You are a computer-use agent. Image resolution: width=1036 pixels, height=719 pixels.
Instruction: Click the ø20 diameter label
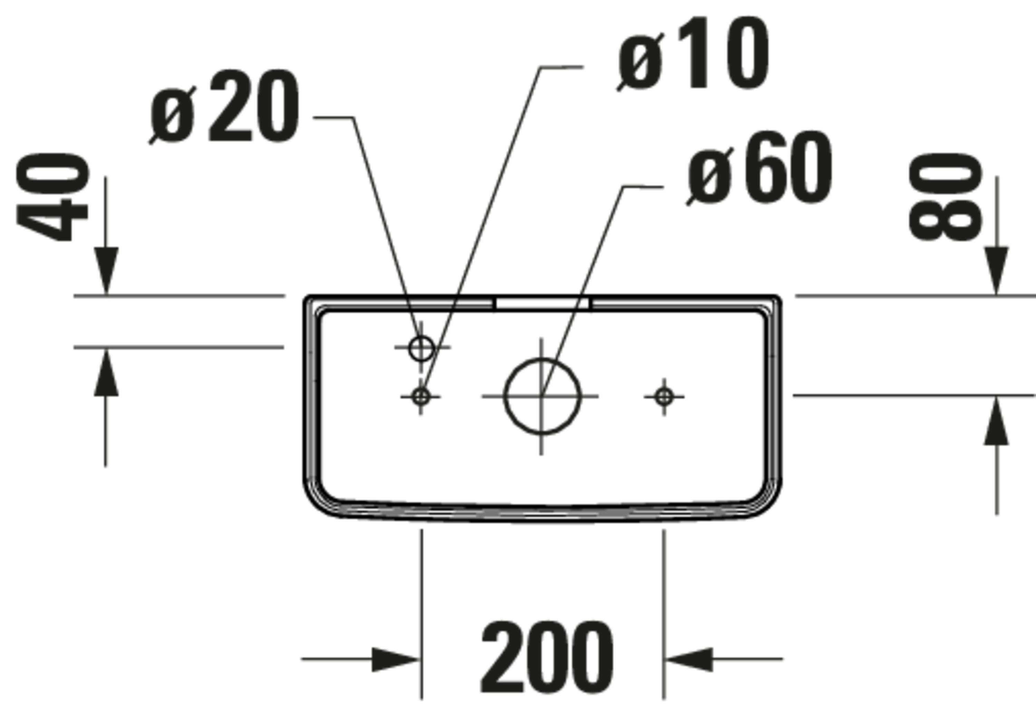click(224, 107)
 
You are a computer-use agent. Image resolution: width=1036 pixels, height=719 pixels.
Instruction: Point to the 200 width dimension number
click(547, 658)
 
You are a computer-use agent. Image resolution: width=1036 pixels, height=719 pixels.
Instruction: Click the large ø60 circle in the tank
click(542, 397)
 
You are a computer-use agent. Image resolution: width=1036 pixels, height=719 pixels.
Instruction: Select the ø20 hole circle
click(421, 348)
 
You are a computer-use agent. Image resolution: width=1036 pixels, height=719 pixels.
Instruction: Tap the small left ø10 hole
click(421, 397)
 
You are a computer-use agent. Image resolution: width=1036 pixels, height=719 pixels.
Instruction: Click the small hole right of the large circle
click(664, 397)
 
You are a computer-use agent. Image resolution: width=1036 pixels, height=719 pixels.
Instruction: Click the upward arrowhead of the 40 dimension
click(106, 372)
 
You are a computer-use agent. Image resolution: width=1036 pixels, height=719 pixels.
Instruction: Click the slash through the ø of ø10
click(640, 62)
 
